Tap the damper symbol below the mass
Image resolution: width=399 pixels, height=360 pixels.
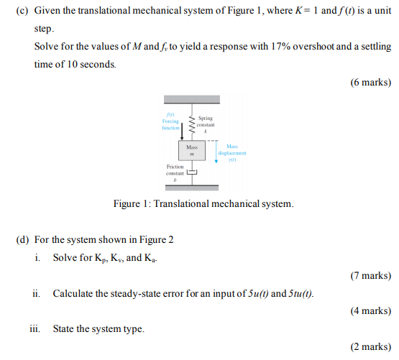[x=192, y=172]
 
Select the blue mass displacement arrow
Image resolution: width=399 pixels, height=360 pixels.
[x=216, y=152]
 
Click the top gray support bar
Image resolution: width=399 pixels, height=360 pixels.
[x=192, y=101]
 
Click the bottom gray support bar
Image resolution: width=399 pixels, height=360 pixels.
[x=192, y=188]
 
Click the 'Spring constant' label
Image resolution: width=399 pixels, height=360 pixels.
[x=206, y=121]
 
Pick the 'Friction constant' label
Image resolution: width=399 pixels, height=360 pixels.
[x=175, y=170]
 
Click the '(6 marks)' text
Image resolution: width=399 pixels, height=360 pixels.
[x=370, y=82]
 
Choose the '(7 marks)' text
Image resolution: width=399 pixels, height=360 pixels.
[x=370, y=275]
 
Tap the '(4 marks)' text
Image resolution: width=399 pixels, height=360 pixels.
[x=370, y=311]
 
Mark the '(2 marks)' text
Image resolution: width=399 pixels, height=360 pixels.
[x=370, y=347]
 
